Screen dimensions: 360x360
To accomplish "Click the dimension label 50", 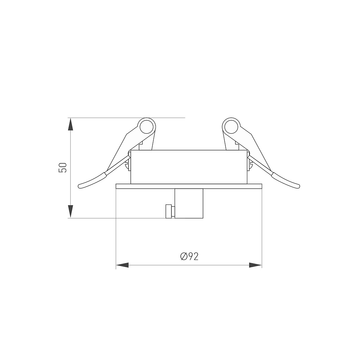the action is coord(62,167).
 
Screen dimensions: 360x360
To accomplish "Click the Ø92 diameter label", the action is coord(189,256).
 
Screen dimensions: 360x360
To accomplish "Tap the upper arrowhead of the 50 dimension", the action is coord(71,124).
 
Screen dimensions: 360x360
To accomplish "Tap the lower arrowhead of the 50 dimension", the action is coord(71,211).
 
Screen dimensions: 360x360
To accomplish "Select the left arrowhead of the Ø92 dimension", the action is coord(122,265).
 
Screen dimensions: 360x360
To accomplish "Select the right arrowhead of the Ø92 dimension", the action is coord(255,265).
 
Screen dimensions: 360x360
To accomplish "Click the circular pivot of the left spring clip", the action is coord(147,127).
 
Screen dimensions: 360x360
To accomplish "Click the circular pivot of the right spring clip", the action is coord(231,127).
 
